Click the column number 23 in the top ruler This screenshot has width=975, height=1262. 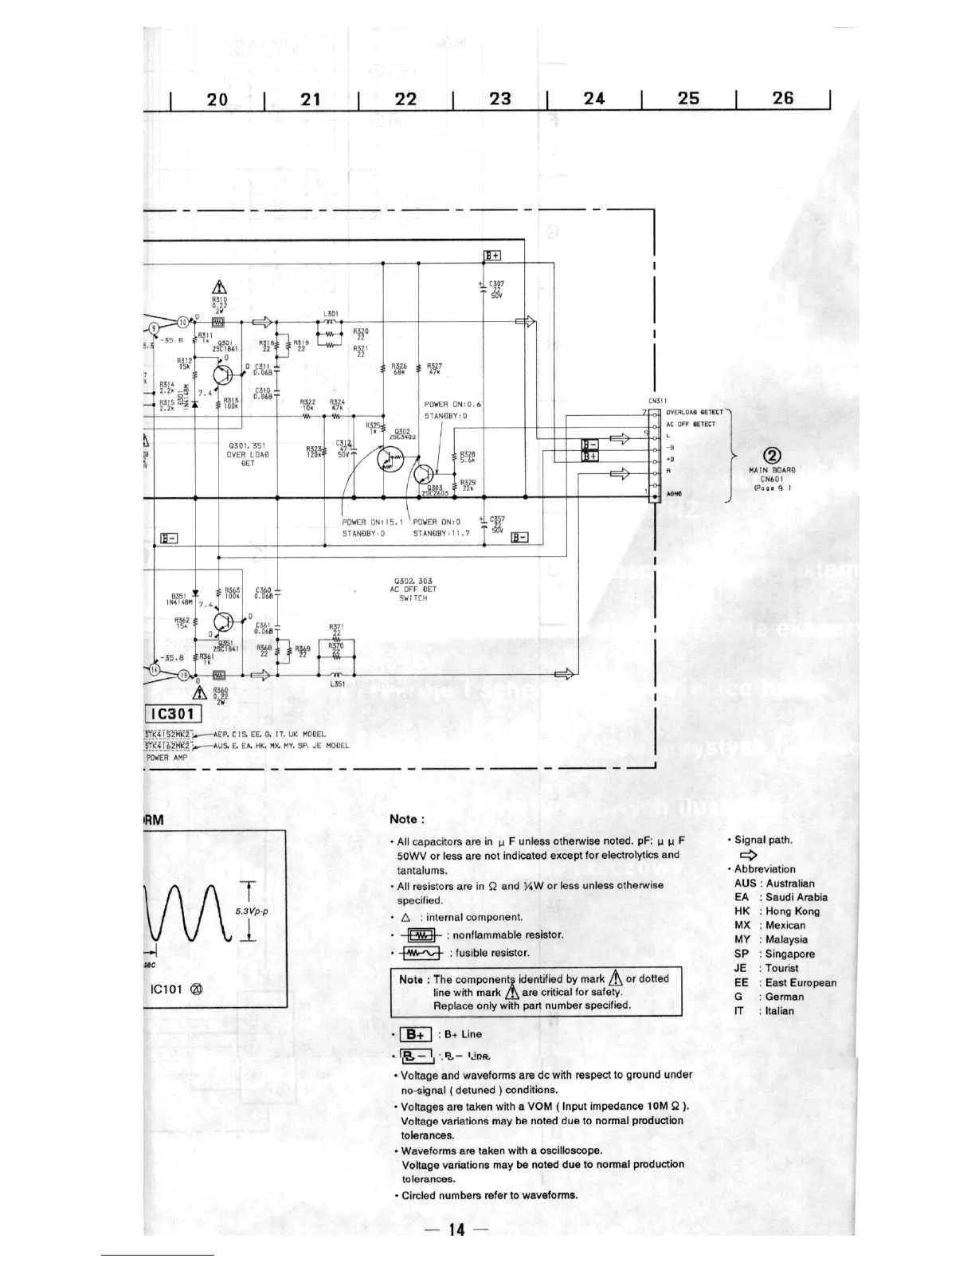(x=500, y=99)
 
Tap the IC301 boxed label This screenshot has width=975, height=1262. (x=174, y=713)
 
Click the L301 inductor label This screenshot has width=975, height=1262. (x=332, y=314)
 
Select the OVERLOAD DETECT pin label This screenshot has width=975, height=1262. (x=694, y=412)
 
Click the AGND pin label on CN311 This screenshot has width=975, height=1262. (x=673, y=494)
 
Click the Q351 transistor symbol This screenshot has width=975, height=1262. (x=224, y=622)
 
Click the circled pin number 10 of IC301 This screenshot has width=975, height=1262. (x=182, y=322)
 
